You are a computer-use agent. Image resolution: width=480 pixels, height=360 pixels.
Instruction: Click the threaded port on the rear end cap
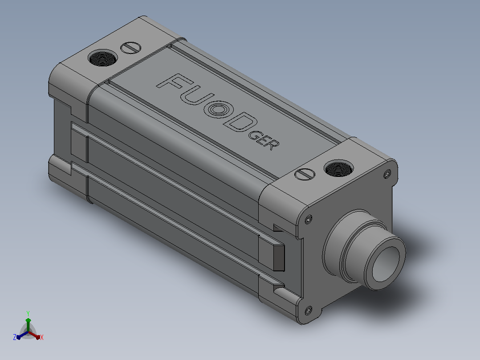[102, 57]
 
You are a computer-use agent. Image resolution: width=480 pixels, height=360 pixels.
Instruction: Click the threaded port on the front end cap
[338, 168]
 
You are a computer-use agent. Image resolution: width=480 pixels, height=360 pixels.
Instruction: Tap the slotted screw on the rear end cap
[131, 48]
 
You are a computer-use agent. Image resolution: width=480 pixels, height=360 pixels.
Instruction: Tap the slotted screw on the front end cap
[305, 174]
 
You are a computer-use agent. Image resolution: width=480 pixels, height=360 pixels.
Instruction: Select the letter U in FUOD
[195, 94]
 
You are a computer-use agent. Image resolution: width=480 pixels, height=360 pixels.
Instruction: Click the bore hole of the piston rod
[386, 264]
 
